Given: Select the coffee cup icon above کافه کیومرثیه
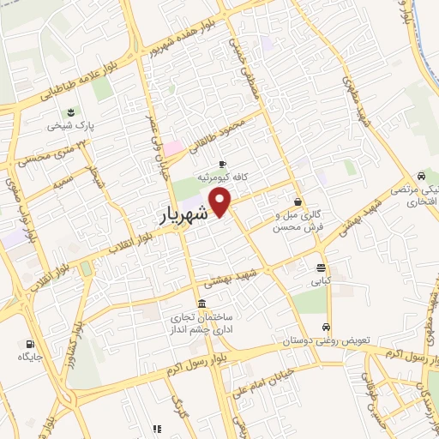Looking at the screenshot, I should [223, 164].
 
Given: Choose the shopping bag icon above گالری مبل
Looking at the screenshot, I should [298, 201].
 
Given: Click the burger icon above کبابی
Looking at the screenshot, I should [320, 267].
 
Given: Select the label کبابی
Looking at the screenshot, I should [320, 280].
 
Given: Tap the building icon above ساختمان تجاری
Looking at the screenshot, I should [201, 304].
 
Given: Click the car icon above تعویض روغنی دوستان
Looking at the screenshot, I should [326, 328].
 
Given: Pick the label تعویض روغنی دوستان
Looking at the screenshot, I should [327, 340].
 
